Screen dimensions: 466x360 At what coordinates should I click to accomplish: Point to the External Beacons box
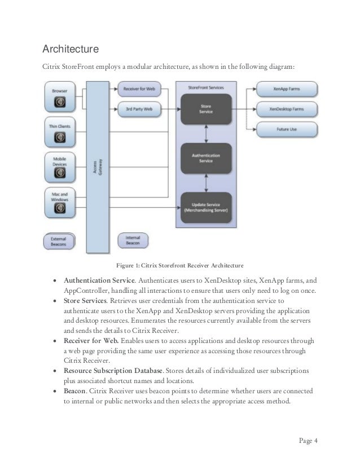point(59,241)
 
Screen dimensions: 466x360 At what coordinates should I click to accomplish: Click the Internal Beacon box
point(133,239)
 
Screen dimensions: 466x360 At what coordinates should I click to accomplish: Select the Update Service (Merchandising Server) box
point(206,206)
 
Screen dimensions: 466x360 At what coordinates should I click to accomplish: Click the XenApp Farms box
point(287,89)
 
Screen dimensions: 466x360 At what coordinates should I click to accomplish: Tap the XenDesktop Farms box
point(287,108)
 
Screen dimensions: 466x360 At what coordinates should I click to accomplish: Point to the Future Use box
point(287,129)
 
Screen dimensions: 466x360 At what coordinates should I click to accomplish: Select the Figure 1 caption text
point(179,265)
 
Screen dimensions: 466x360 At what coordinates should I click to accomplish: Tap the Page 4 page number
point(307,441)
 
